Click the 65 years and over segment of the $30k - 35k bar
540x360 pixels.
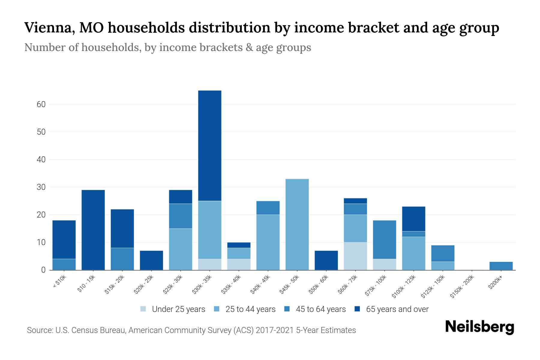tap(210, 145)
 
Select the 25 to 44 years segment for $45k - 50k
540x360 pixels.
tap(297, 224)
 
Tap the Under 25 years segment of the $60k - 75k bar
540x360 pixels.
tap(355, 256)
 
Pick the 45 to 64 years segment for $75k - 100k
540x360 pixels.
tap(384, 240)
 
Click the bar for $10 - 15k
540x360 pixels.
tap(93, 230)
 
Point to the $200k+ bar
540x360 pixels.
tap(501, 266)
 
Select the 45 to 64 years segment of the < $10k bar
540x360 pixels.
tap(64, 264)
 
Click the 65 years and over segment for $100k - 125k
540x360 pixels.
tap(413, 219)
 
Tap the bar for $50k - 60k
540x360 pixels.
tap(326, 260)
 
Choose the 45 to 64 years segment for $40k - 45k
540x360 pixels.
tap(268, 208)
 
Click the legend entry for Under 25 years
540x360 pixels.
tap(173, 309)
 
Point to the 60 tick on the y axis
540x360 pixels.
tap(41, 104)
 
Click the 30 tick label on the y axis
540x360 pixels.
tap(41, 187)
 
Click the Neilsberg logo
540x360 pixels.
tap(479, 327)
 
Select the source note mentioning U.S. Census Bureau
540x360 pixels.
tap(191, 330)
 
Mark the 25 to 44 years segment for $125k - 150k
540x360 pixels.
tap(442, 266)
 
